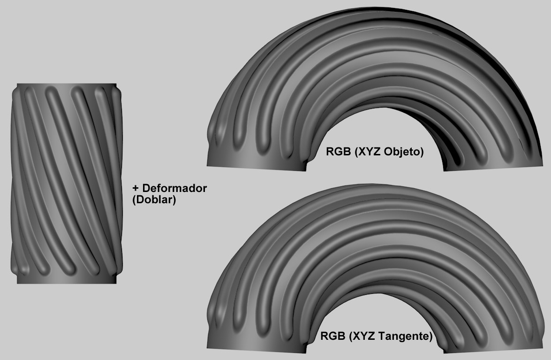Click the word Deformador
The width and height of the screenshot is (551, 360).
[x=174, y=188]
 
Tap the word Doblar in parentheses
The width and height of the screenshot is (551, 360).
[x=154, y=199]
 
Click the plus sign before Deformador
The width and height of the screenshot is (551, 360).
[x=136, y=188]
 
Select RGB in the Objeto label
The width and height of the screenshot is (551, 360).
[x=339, y=152]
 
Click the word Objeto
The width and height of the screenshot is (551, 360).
[x=403, y=152]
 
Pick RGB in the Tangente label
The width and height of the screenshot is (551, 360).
[x=333, y=336]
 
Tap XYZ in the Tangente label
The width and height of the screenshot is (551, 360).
[x=363, y=336]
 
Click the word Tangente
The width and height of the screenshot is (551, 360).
[x=404, y=337]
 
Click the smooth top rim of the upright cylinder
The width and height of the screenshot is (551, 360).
[x=67, y=85]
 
